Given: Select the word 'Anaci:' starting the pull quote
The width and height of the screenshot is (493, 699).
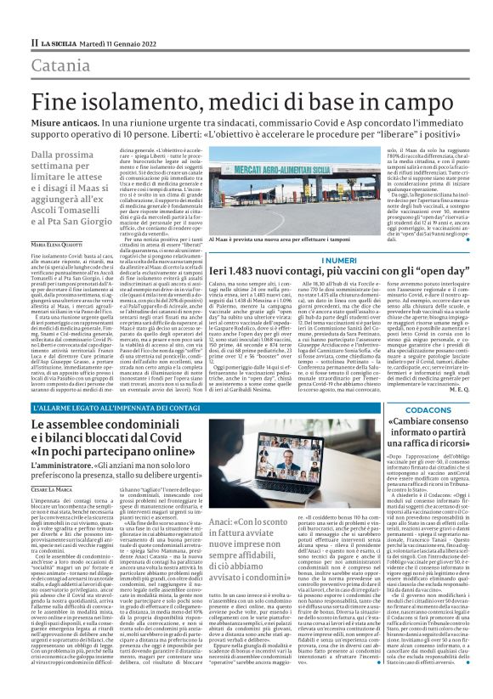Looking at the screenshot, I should [x=224, y=521].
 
